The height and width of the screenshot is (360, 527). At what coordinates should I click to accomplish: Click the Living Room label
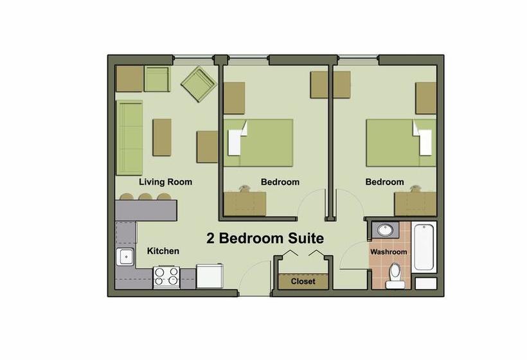[x=166, y=182]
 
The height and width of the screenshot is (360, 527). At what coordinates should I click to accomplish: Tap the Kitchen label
[x=163, y=251]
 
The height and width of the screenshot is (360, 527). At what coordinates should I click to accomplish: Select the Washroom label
[x=389, y=252]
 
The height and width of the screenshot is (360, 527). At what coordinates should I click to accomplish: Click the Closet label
[x=303, y=282]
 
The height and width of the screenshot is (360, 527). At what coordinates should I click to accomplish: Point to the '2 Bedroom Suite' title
[x=265, y=238]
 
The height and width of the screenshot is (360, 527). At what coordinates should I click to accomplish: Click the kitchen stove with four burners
[x=166, y=277]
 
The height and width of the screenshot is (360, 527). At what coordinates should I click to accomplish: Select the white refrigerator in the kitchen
[x=210, y=276]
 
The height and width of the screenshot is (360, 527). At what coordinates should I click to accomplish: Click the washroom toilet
[x=395, y=276]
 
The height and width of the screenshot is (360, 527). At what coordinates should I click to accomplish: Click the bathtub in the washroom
[x=424, y=247]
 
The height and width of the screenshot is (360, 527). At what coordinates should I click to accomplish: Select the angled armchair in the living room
[x=199, y=86]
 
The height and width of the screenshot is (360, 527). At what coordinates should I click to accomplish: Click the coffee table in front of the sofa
[x=162, y=138]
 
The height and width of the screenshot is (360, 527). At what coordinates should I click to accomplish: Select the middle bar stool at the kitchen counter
[x=145, y=197]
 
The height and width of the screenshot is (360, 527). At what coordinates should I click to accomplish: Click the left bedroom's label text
[x=280, y=182]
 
